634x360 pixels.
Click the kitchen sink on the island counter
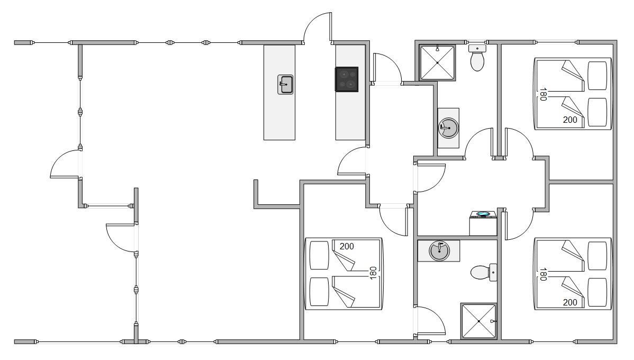[x=285, y=85]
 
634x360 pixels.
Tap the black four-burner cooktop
[x=347, y=79]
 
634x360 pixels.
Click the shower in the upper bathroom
[x=438, y=62]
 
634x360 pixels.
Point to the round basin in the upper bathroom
[x=448, y=128]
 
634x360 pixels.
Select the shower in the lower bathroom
[x=479, y=321]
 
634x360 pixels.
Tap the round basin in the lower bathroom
[x=439, y=251]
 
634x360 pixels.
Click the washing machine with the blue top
[x=483, y=223]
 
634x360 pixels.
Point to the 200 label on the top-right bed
[x=570, y=120]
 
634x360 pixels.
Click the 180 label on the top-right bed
[x=543, y=94]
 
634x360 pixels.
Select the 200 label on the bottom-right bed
[x=570, y=302]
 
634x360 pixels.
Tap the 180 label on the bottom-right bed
[x=543, y=274]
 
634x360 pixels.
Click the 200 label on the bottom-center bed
[x=347, y=246]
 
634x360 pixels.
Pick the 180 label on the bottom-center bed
[x=373, y=273]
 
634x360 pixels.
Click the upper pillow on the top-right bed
[x=597, y=76]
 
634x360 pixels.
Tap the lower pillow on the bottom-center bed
[x=320, y=292]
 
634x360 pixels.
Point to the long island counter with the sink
[x=279, y=92]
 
